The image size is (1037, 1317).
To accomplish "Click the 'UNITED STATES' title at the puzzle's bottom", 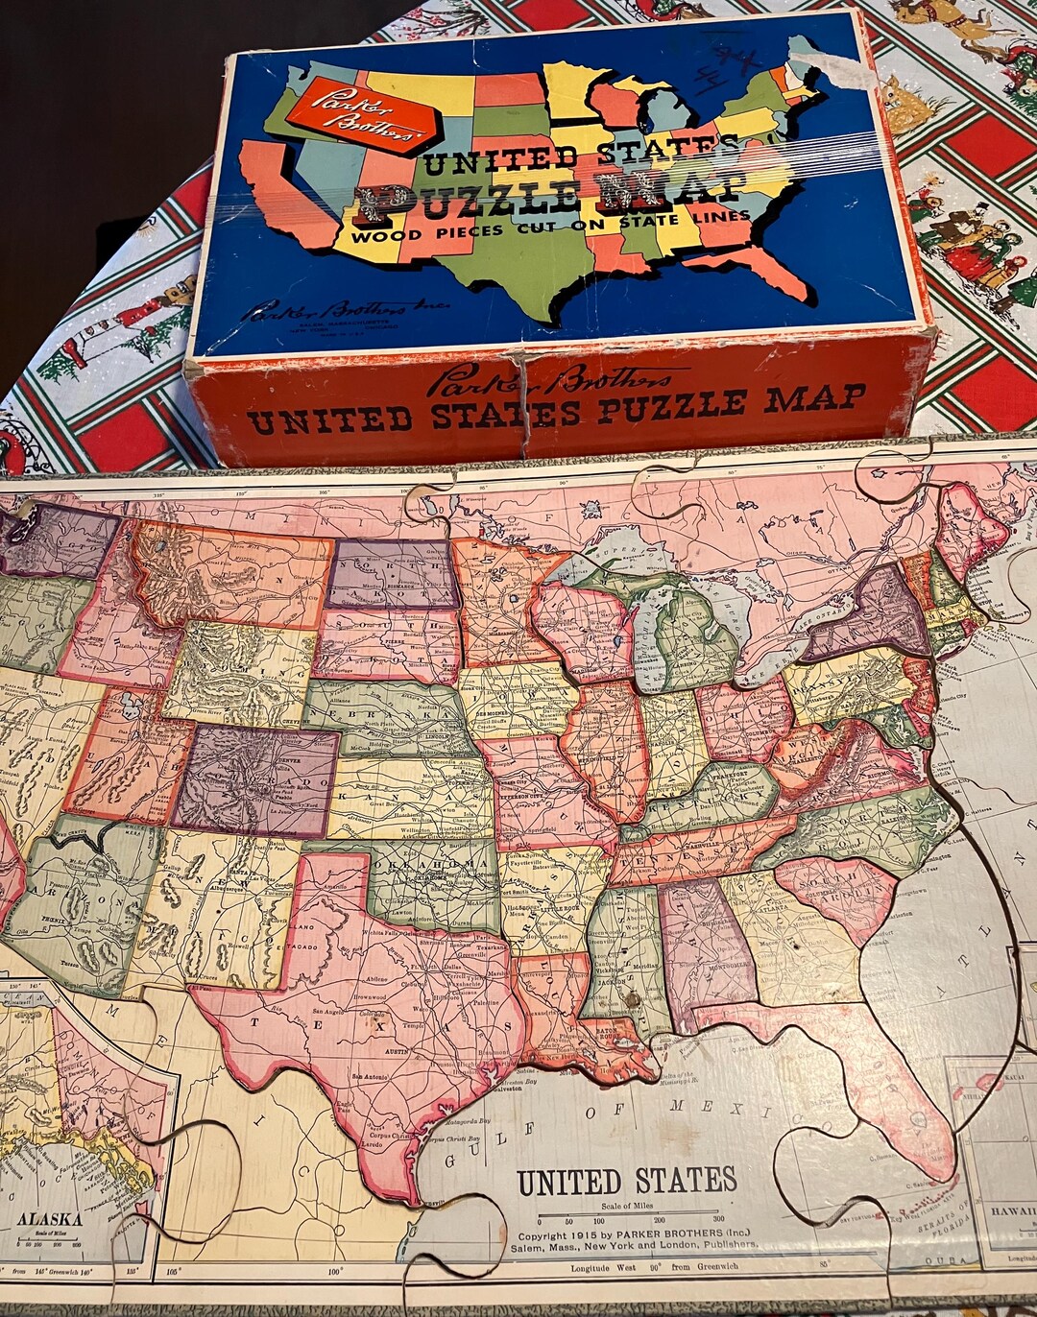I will (x=626, y=1182).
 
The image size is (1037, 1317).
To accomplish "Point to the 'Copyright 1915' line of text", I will (x=637, y=1235).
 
